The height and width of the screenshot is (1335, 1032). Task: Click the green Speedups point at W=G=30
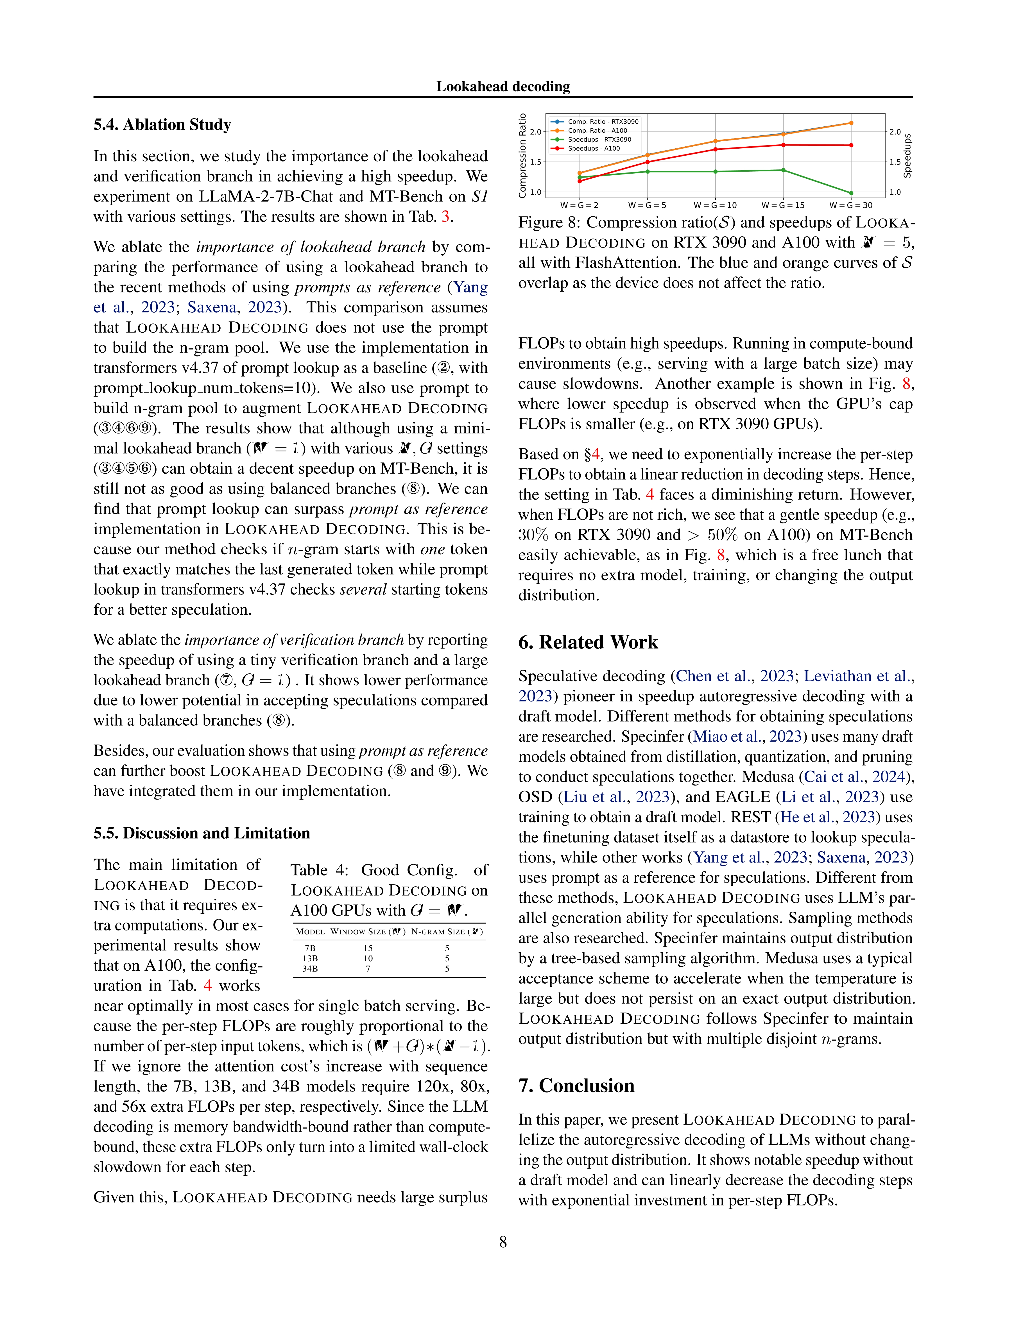(x=851, y=193)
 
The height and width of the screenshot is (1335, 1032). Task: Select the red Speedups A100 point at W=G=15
(x=784, y=145)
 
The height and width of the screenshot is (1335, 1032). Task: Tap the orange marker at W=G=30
(x=851, y=123)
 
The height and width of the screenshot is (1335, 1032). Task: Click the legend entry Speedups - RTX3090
(x=599, y=139)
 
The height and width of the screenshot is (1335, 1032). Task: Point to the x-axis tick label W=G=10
(x=715, y=205)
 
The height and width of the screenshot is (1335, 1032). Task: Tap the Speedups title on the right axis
(x=907, y=156)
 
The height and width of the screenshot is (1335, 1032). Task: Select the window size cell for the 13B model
(x=368, y=959)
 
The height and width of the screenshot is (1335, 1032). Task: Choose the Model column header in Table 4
(x=310, y=932)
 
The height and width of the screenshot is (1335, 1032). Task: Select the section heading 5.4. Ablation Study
(x=162, y=125)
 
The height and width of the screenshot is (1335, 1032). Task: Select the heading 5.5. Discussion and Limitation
(x=202, y=833)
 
